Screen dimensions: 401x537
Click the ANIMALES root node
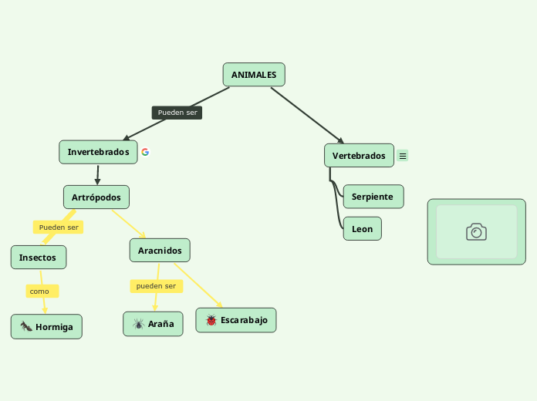click(x=254, y=75)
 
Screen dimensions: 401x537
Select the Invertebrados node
click(x=98, y=152)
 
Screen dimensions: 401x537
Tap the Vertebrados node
click(x=359, y=156)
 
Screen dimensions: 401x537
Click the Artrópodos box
click(x=96, y=197)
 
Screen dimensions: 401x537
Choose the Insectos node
click(x=38, y=258)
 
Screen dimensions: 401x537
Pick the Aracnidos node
click(x=160, y=251)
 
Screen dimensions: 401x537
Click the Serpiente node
click(x=373, y=197)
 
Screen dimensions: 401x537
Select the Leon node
click(x=362, y=229)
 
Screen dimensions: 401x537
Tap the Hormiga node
click(x=46, y=327)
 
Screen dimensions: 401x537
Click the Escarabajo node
click(x=236, y=320)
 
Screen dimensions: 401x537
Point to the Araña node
click(x=154, y=324)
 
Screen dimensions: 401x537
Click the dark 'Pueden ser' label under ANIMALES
click(x=177, y=113)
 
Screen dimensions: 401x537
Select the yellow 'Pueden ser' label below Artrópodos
click(x=59, y=227)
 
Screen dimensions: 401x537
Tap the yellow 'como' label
click(x=41, y=291)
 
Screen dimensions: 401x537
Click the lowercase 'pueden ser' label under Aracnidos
click(x=156, y=286)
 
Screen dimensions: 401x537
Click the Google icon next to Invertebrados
click(x=145, y=152)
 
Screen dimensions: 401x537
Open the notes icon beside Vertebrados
click(x=403, y=156)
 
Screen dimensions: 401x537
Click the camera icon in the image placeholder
click(x=476, y=232)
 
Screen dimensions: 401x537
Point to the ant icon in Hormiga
click(x=25, y=327)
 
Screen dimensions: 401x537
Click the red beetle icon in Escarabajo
click(x=211, y=320)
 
